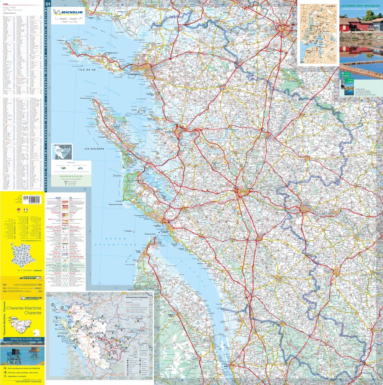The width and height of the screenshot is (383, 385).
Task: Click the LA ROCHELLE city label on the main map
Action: tap(134, 75)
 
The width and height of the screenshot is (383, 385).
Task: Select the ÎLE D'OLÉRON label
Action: tap(94, 149)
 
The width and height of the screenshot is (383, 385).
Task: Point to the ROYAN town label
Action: tap(158, 226)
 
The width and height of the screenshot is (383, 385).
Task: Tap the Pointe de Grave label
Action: tap(150, 234)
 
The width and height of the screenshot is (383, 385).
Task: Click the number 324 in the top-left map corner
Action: tap(48, 4)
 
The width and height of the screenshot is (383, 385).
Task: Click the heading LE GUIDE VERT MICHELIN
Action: tap(360, 6)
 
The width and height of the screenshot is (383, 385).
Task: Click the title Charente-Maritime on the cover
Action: tap(24, 308)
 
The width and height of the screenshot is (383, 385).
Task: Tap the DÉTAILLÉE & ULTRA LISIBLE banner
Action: tap(22, 339)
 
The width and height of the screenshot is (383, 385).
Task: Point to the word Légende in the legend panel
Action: tap(58, 198)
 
